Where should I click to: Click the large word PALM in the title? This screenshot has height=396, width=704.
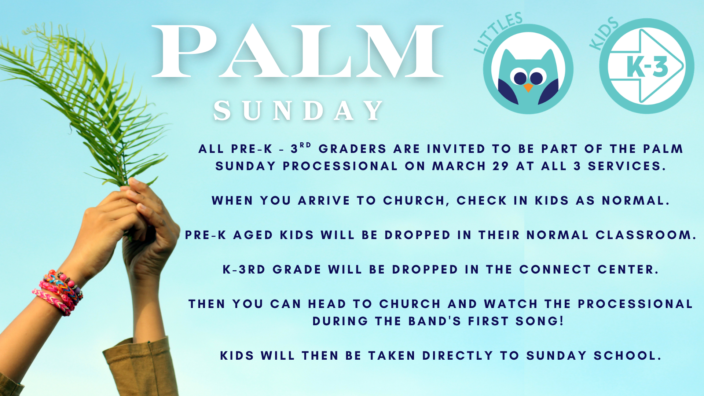pos(297,51)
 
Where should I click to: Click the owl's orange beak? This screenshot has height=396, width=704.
pos(528,88)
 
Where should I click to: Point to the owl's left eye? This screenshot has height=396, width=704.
pos(520,78)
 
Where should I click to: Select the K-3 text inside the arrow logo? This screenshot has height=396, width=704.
pos(647,67)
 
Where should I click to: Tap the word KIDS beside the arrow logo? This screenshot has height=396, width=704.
pos(604,33)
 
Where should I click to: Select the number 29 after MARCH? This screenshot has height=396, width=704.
pos(500,166)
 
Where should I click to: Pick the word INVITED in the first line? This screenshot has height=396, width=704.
pos(456,149)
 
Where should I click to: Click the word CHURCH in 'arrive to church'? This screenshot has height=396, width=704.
pos(414,201)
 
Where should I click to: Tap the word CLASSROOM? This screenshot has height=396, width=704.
pos(643,235)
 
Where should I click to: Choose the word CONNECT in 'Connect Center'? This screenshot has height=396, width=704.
pos(555,269)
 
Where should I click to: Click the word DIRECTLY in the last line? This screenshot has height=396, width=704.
pos(458,356)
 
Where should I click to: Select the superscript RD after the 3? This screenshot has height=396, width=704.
pos(305,145)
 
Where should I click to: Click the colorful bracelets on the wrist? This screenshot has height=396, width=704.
pos(59,291)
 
